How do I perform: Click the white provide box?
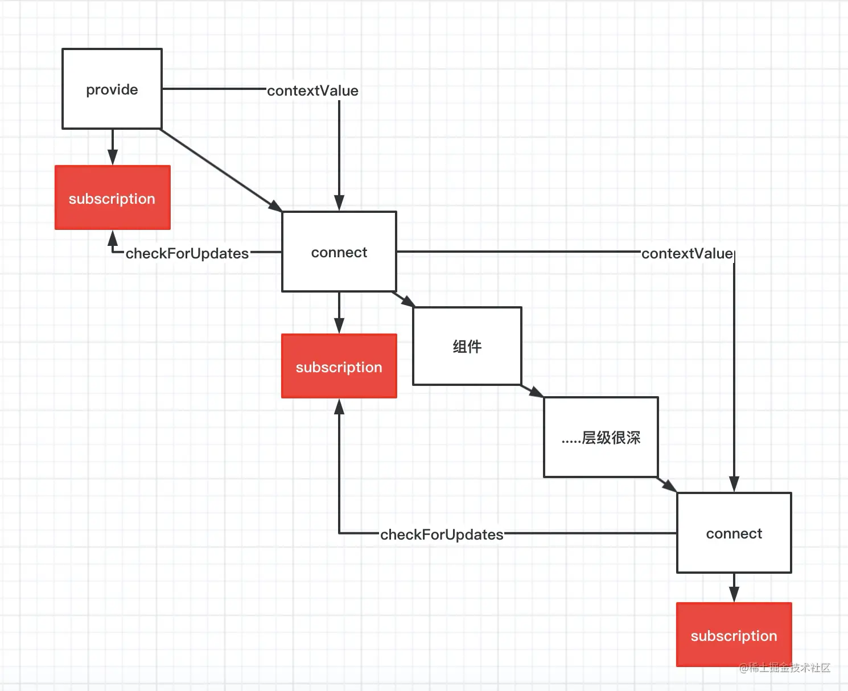(112, 89)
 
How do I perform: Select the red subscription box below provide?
(113, 198)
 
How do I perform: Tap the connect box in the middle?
(339, 252)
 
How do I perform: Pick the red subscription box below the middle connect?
(339, 366)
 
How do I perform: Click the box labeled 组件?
(467, 346)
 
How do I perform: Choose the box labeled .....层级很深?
(601, 437)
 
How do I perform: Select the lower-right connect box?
(734, 533)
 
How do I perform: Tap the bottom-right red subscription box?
(734, 635)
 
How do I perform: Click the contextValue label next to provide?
(312, 91)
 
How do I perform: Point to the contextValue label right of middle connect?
(687, 253)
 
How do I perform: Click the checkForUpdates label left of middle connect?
(187, 253)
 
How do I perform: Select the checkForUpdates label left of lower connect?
(442, 534)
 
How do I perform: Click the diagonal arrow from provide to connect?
(221, 170)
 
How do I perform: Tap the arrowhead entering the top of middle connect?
(339, 203)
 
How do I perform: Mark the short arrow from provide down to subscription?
(113, 147)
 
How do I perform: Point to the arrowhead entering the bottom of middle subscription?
(339, 406)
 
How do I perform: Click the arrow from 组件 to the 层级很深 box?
(532, 391)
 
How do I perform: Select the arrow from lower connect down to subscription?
(734, 587)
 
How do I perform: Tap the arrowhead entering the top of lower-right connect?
(734, 484)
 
